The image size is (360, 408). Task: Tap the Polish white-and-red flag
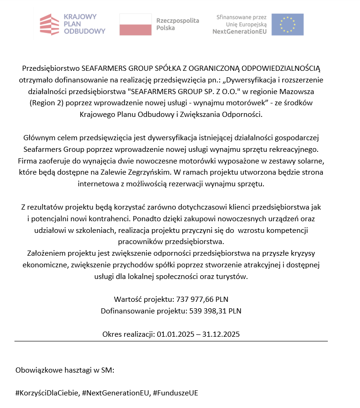click(135, 24)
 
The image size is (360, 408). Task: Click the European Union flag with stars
click(287, 24)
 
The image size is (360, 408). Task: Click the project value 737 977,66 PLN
click(202, 299)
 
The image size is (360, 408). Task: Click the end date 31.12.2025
click(221, 334)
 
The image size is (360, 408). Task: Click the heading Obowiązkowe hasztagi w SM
click(65, 370)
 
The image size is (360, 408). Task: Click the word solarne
click(310, 161)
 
